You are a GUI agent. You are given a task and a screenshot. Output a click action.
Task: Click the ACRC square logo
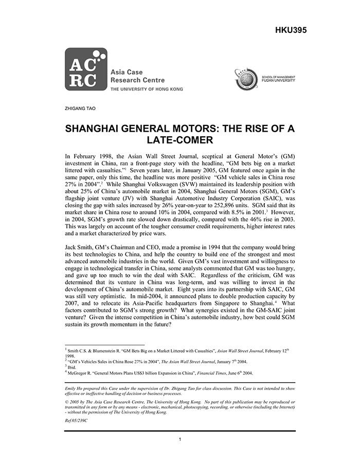coord(86,69)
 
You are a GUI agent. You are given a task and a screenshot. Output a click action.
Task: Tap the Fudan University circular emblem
coord(246,79)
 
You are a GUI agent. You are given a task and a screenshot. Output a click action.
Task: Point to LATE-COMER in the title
coord(179,140)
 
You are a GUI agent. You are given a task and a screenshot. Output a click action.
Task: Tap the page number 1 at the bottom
coord(179,439)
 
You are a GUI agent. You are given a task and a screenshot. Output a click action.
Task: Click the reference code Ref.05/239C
coord(76,420)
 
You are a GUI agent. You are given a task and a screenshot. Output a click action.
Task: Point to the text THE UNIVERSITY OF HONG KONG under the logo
coord(147,89)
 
